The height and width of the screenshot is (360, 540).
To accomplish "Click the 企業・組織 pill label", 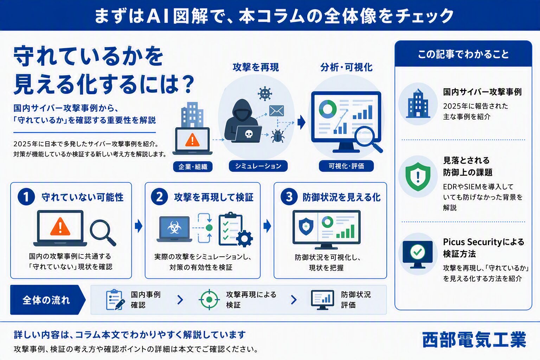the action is pos(193,166).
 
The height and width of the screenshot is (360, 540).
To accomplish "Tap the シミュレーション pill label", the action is pos(258,166).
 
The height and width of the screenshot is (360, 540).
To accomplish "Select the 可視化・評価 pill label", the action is pos(346,166).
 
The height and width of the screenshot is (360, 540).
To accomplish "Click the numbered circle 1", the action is pos(26,197).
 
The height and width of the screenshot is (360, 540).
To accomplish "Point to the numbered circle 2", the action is pos(159,197).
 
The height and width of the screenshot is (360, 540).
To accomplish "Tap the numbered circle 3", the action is pos(289,197).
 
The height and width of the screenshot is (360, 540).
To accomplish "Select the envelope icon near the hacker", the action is pos(276,111).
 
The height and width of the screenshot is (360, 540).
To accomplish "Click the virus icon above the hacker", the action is pos(265,94).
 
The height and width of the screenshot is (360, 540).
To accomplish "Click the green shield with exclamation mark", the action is pos(418,176).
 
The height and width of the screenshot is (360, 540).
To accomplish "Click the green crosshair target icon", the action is pos(209,300).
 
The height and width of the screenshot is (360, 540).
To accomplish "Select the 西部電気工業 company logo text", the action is pos(474,340).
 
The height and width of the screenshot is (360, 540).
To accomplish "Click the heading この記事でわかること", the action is pos(463,54).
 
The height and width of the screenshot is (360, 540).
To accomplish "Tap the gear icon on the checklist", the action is pos(244,239).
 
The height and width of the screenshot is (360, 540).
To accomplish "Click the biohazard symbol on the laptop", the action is pos(174,227).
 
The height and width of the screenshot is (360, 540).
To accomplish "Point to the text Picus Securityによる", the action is pos(484,242).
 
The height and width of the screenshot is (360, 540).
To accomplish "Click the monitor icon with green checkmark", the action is pos(418,254).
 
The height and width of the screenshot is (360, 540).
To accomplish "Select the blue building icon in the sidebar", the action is pos(418,103).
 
